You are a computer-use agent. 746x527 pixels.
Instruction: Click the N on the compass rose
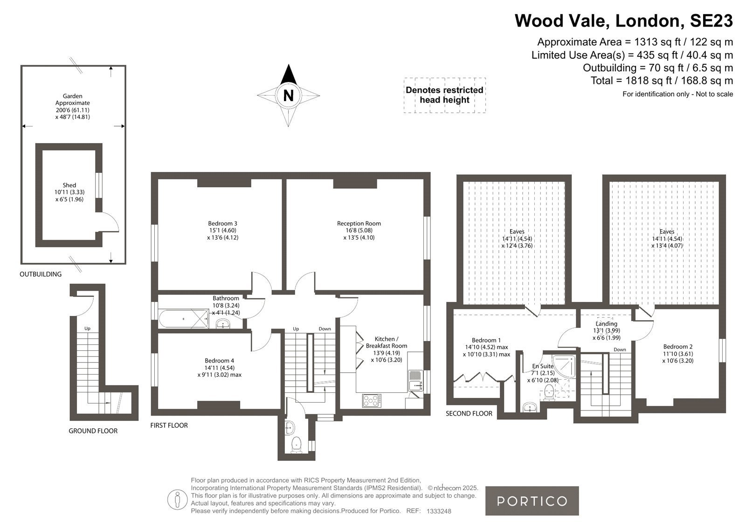coord(289,96)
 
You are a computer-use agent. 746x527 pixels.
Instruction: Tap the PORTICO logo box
coord(532,501)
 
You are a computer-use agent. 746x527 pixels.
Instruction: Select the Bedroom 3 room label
coord(222,223)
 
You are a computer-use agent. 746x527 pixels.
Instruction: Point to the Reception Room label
coord(359,223)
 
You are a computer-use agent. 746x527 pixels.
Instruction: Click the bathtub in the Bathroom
coord(184,319)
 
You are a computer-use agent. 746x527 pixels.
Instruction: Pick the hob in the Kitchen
coord(372,401)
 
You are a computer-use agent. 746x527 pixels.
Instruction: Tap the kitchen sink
coord(415,381)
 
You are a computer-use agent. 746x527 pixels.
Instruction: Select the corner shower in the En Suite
coord(564,367)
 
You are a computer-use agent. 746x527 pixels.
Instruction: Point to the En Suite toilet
coord(549,392)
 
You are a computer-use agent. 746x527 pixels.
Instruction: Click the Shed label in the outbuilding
coord(69,185)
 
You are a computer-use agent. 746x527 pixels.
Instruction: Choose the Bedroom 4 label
coord(219,361)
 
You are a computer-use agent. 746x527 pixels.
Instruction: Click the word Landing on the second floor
coord(607,323)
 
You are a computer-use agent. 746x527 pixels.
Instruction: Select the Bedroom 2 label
coord(678,347)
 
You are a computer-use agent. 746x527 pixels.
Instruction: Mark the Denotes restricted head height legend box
coord(445,95)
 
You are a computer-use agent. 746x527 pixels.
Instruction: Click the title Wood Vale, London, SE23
coord(623,21)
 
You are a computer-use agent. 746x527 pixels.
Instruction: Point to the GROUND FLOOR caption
coord(93,431)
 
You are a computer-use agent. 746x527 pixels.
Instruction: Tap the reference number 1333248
coord(439,511)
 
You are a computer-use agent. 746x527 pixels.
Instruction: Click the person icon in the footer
coord(177,500)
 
